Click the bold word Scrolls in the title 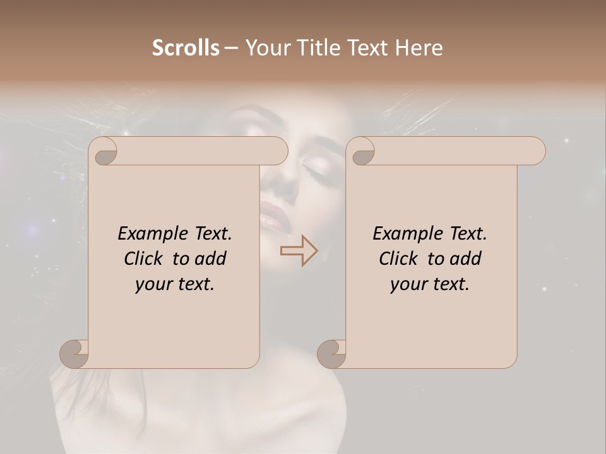click(x=186, y=48)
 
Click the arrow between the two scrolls click(x=299, y=250)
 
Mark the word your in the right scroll click(x=408, y=284)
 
